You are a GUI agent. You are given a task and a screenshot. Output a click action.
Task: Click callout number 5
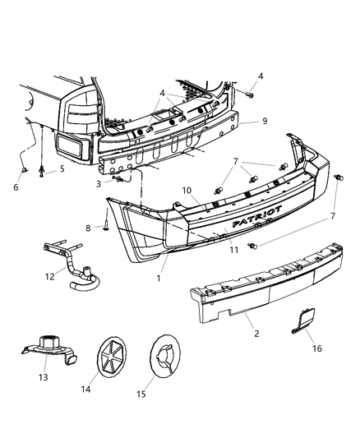pos(62,170)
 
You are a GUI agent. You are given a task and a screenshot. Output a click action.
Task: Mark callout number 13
pos(43,377)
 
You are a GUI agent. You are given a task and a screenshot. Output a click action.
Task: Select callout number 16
pos(294,348)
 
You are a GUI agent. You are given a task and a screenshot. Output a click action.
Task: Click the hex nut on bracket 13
pos(48,342)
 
